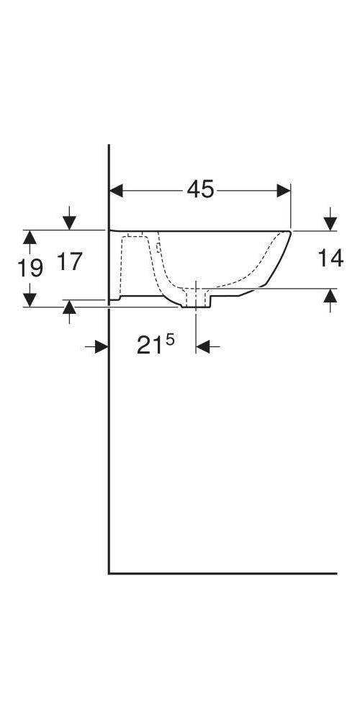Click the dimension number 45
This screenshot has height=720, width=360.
(201, 189)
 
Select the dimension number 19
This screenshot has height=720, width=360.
(30, 268)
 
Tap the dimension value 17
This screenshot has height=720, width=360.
(71, 261)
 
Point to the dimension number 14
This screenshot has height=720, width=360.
(330, 258)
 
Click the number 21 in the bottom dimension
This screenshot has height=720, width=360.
(150, 347)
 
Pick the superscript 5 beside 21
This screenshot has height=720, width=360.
(169, 338)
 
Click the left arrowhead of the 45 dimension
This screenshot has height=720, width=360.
(116, 190)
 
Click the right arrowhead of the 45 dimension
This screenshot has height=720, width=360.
(284, 190)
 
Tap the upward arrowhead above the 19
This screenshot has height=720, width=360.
(30, 237)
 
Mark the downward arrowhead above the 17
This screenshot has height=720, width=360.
(69, 222)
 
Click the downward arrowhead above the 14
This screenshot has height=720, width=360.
(330, 223)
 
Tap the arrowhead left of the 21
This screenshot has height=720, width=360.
(102, 347)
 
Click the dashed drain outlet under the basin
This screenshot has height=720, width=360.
(197, 297)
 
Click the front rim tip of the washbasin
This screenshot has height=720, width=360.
(290, 231)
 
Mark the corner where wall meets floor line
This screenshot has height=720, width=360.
(109, 574)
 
